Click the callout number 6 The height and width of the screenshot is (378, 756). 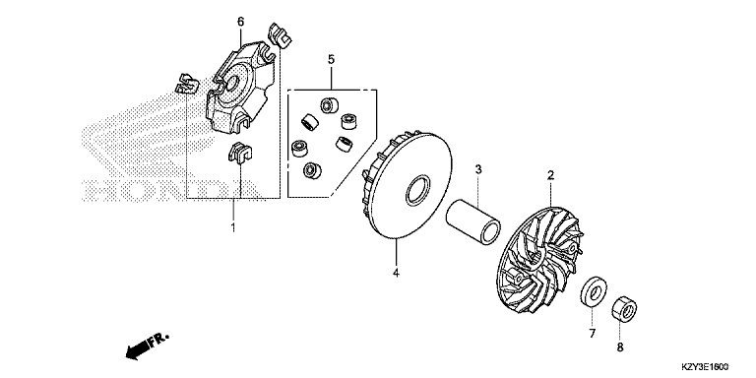(240, 22)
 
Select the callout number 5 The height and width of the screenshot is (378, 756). (331, 59)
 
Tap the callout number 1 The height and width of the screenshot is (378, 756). (233, 227)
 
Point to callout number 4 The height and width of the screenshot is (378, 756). (396, 273)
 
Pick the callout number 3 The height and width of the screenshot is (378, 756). (478, 169)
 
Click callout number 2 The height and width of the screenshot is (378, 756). (550, 175)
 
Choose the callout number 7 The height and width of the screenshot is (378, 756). (592, 333)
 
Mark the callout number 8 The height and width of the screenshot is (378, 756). (620, 346)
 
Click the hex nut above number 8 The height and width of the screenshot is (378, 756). (624, 308)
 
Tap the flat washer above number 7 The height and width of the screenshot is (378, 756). (593, 291)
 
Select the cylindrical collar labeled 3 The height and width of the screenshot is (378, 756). (472, 220)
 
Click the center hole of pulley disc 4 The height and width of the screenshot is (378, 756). (417, 191)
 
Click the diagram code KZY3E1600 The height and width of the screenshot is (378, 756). (705, 367)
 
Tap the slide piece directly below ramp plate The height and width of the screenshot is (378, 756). (239, 153)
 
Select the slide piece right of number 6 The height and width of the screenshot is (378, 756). (281, 34)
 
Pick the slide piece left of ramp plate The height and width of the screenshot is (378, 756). (187, 84)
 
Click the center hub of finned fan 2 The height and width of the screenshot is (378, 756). (536, 257)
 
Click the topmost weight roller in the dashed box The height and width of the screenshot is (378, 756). (330, 105)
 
